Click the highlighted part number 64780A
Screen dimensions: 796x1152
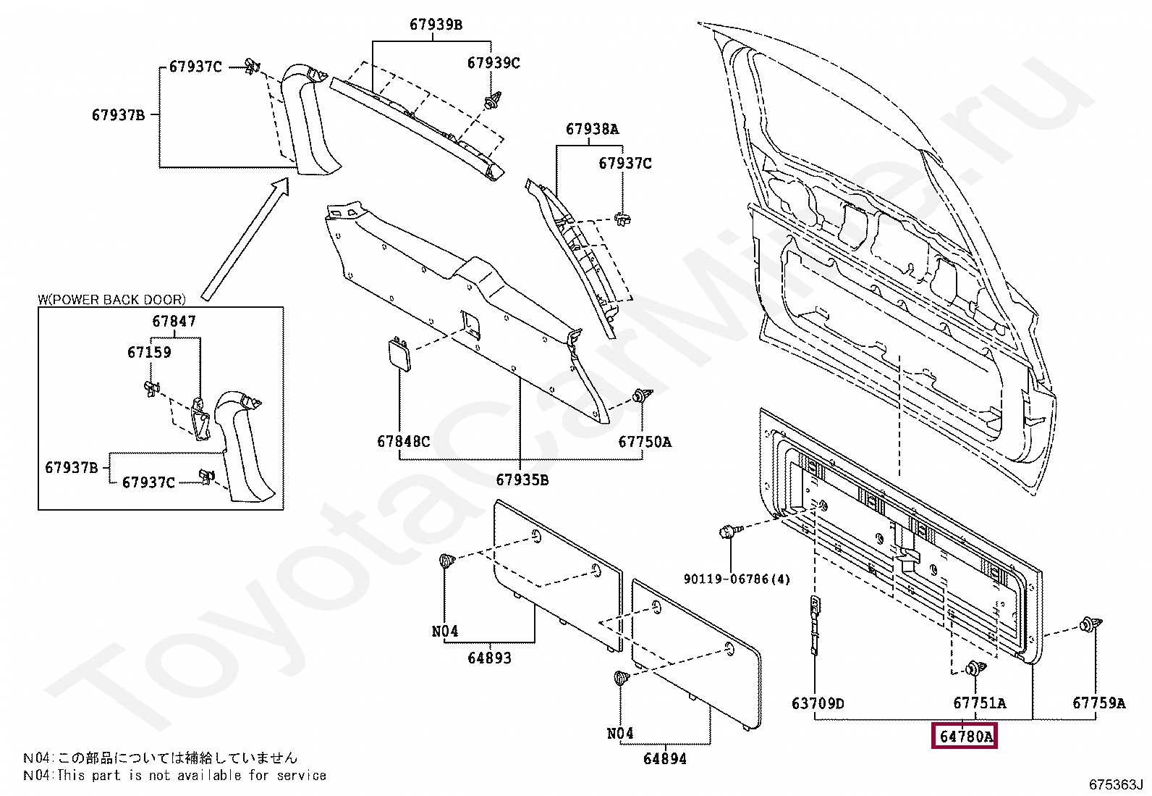(x=965, y=737)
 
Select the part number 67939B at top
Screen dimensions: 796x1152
(x=436, y=25)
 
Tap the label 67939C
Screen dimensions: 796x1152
(x=494, y=63)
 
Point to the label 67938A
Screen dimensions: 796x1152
(x=592, y=129)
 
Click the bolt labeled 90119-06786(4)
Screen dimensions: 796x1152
(x=728, y=532)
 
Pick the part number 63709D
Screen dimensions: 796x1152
(x=818, y=703)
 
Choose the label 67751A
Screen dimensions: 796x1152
(x=979, y=703)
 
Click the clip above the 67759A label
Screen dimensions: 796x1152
(x=1090, y=624)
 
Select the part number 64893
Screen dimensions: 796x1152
(x=489, y=658)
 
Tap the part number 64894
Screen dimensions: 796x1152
(x=664, y=758)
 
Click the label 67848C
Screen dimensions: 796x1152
(x=403, y=441)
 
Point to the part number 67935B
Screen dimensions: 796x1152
(x=522, y=479)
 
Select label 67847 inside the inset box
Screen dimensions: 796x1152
(x=174, y=321)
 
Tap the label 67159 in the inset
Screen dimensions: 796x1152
(x=149, y=352)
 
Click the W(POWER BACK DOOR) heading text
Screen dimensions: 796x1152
(x=111, y=299)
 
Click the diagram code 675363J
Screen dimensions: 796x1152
(x=1116, y=784)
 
